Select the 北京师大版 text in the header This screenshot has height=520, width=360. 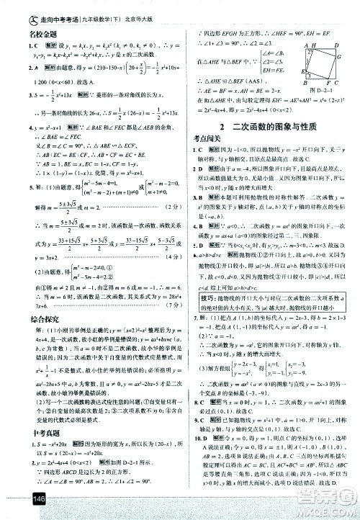point(157,11)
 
